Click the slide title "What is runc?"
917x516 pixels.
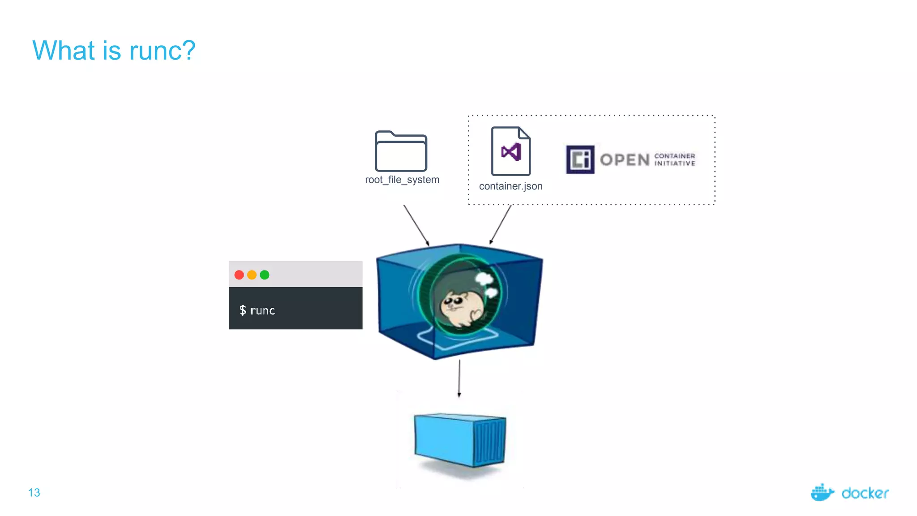coord(114,50)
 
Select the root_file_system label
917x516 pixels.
coord(402,180)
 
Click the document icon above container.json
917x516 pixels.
coord(511,151)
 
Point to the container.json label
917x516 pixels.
coord(510,186)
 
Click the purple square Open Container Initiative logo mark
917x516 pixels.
coord(580,159)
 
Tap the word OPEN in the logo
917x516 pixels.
coord(625,160)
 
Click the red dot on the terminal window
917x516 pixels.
coord(239,275)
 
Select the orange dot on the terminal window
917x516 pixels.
coord(252,275)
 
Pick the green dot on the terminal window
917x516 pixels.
coord(265,275)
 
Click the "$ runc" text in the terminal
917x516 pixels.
coord(257,310)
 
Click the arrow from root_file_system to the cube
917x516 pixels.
coord(416,225)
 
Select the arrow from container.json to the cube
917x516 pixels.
coord(501,224)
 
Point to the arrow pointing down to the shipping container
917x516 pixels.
coord(459,378)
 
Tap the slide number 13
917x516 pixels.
coord(34,493)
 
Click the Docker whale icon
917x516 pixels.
coord(822,493)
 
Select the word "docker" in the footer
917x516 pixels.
coord(865,493)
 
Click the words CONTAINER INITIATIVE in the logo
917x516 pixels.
coord(675,160)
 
